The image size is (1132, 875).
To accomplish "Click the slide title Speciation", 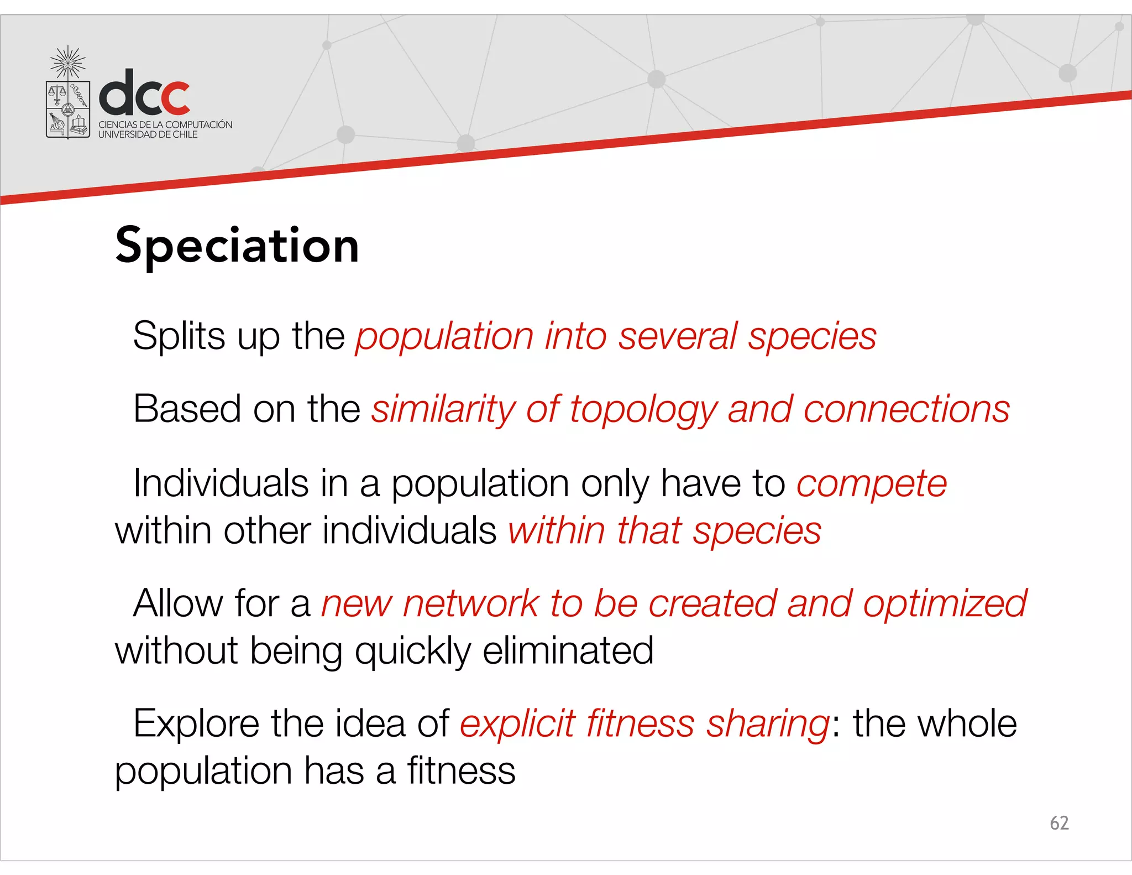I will click(237, 246).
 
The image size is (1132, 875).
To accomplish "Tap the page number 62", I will click(1059, 823).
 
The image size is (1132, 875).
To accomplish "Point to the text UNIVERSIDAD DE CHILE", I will click(148, 134).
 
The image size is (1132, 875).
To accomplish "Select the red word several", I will click(677, 336).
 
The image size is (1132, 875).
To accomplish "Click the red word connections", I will click(906, 409).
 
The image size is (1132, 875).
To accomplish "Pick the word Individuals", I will click(221, 483).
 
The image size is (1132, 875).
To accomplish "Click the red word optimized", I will click(945, 603).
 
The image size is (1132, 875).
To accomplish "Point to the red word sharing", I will click(768, 725).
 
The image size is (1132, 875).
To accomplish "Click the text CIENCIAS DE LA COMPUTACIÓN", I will click(165, 124).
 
